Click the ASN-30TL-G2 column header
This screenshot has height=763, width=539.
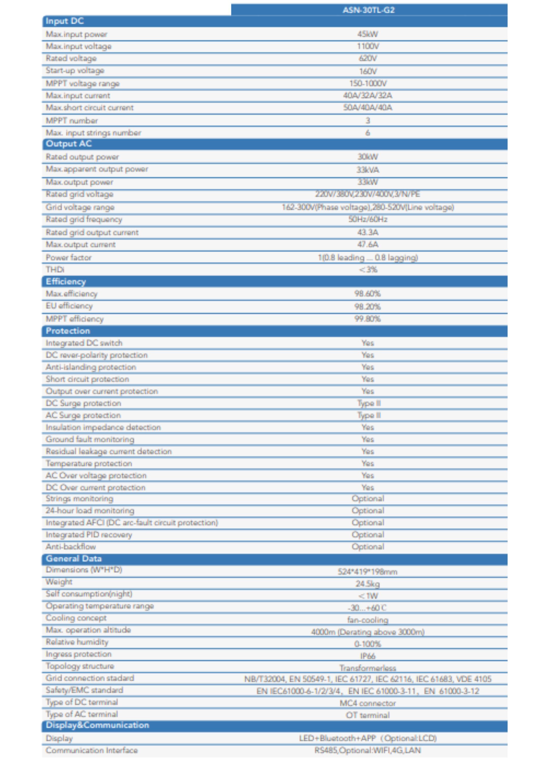[368, 10]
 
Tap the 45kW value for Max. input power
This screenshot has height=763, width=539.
[368, 34]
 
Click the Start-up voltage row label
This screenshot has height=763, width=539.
[75, 70]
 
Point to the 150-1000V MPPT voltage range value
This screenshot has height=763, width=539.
[368, 83]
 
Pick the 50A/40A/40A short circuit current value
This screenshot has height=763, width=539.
[368, 107]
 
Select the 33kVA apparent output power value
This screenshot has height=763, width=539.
[368, 170]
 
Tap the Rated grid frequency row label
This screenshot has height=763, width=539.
[84, 219]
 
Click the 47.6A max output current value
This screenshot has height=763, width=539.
[368, 244]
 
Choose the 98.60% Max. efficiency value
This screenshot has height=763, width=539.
[368, 294]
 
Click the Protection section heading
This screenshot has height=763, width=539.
[68, 331]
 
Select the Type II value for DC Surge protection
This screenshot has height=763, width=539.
[369, 403]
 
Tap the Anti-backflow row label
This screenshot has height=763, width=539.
[71, 547]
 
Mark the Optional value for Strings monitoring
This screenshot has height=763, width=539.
[368, 498]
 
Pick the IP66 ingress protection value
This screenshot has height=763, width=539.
[368, 656]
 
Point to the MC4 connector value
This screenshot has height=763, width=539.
[368, 703]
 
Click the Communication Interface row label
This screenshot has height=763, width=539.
[92, 750]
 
